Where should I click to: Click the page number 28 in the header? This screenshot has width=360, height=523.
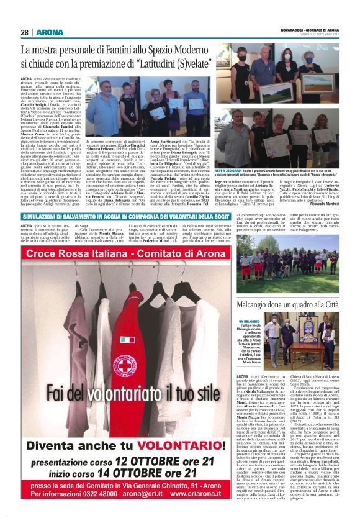24,32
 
